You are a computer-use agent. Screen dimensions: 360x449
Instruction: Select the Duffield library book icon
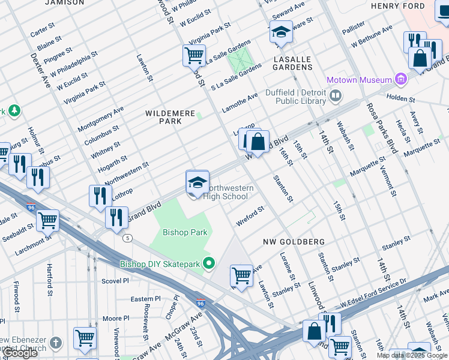pos(336,94)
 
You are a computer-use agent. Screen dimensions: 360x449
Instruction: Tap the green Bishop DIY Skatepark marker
pos(209,263)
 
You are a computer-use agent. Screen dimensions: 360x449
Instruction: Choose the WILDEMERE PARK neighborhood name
pos(163,116)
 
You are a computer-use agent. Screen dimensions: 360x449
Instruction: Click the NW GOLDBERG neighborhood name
pos(294,242)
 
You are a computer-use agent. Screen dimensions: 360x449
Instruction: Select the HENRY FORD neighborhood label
pos(406,6)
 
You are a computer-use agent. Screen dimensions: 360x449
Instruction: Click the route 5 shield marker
pos(127,238)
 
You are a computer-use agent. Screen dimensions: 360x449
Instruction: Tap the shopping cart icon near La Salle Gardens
pos(194,56)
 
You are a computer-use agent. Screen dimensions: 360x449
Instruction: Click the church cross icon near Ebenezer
pos(55,343)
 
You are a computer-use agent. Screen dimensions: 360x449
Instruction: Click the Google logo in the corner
pos(20,353)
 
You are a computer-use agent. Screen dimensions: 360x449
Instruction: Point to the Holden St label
pos(400,98)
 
